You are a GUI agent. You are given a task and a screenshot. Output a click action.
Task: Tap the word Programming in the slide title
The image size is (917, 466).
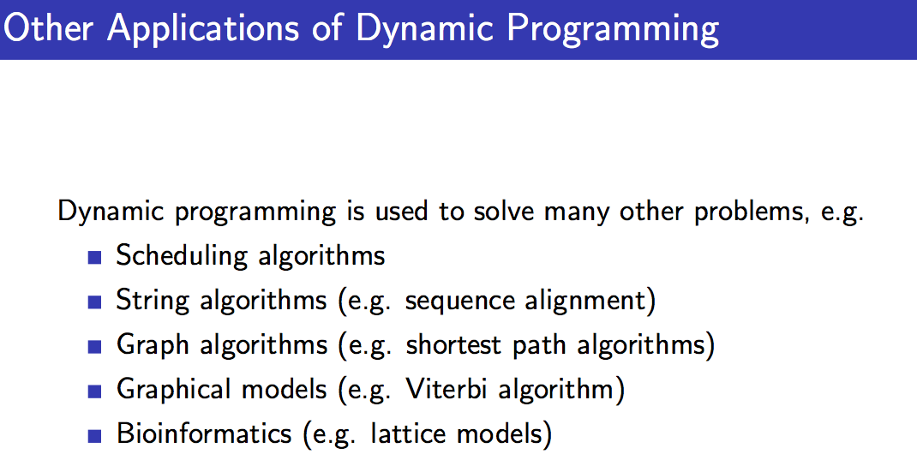(612, 29)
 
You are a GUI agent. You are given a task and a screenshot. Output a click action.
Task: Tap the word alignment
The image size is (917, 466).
(586, 301)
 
